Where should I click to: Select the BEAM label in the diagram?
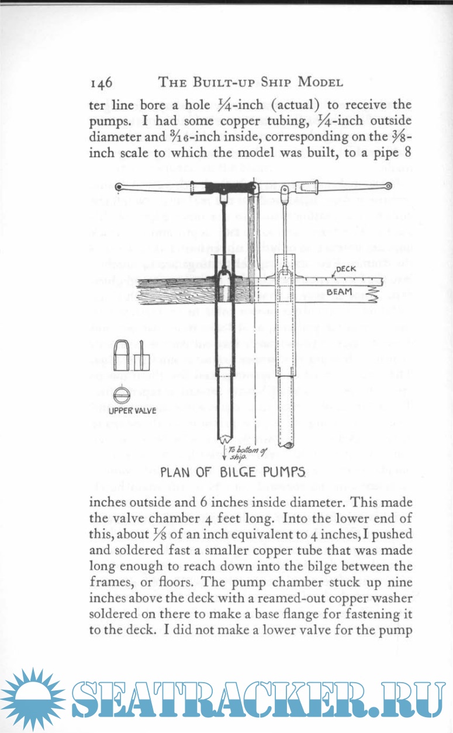click(x=338, y=289)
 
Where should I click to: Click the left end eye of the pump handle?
click(x=119, y=187)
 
